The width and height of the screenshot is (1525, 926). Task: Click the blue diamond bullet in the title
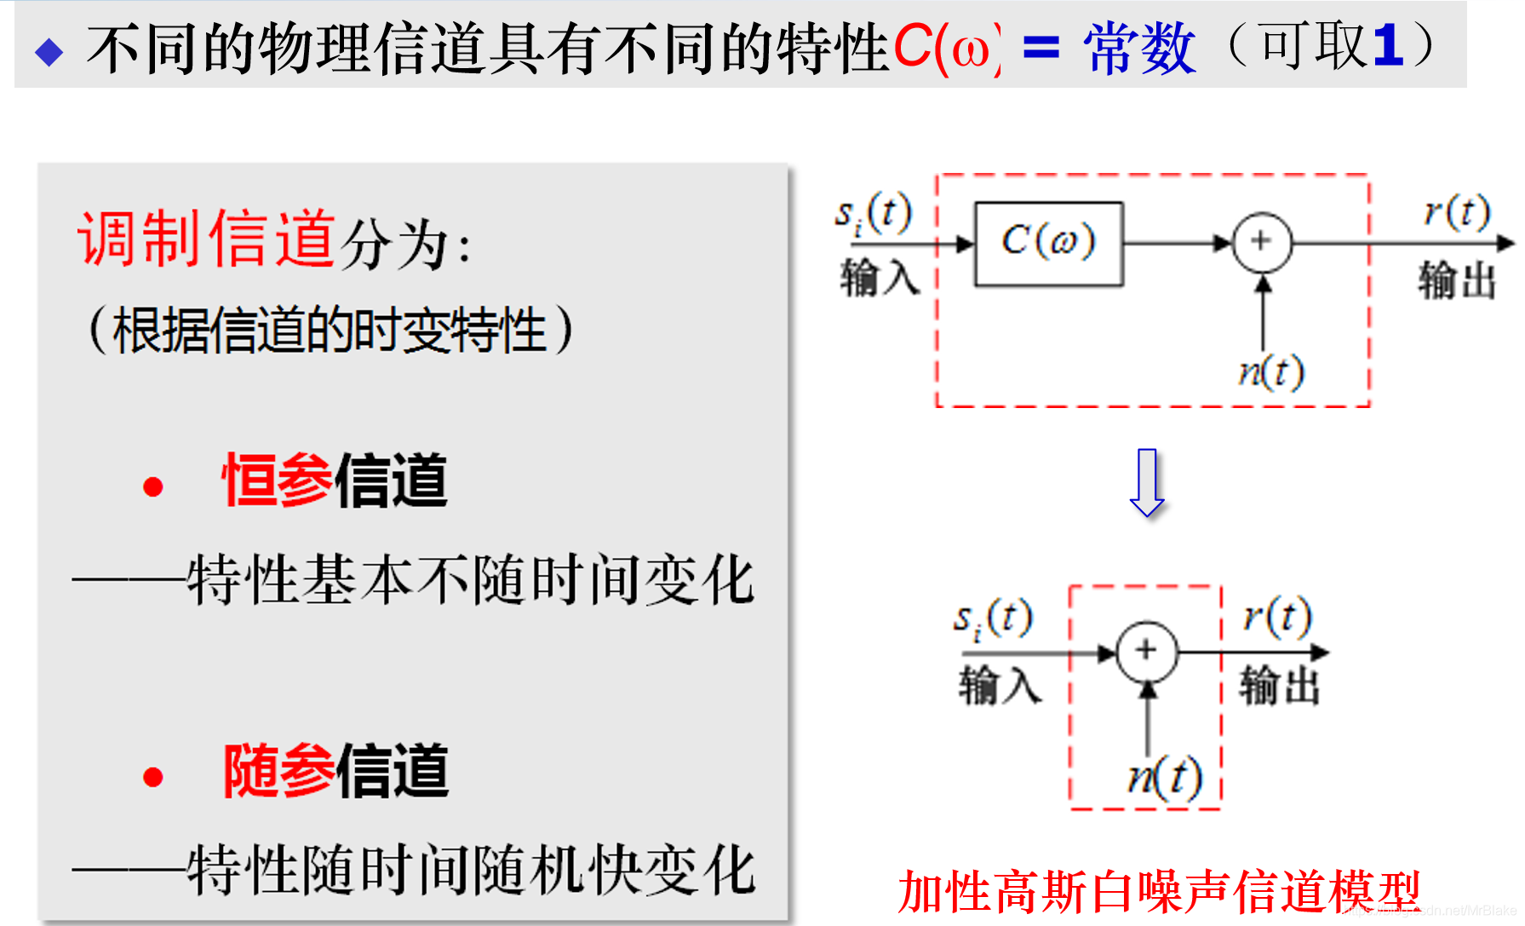coord(49,52)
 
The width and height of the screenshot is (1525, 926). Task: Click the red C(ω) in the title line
coord(946,49)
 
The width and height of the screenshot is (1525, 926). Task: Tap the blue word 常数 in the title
coord(1139,49)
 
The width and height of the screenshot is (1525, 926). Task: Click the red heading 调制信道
coord(207,239)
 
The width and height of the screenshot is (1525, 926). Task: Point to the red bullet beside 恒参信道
coord(153,486)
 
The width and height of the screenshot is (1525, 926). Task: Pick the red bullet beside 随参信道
coord(153,777)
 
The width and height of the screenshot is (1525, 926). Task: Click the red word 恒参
coord(278,480)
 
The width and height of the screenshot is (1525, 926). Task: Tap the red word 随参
coord(278,771)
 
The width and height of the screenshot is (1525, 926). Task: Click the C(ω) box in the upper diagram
coord(1048,244)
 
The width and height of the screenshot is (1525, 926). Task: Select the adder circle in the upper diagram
coord(1262,243)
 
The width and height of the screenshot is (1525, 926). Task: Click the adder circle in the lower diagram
coord(1146,652)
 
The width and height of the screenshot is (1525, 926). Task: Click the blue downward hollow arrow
coord(1147,482)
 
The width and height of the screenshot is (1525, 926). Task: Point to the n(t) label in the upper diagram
coord(1270,371)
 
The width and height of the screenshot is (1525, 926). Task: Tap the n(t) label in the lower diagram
coord(1165,777)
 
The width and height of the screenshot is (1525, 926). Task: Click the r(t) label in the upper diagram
coord(1457,211)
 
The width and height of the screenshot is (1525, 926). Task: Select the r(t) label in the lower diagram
coord(1277,616)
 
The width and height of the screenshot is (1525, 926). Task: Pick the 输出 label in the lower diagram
coord(1279,686)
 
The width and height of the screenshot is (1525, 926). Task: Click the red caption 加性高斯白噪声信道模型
coord(1158,893)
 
